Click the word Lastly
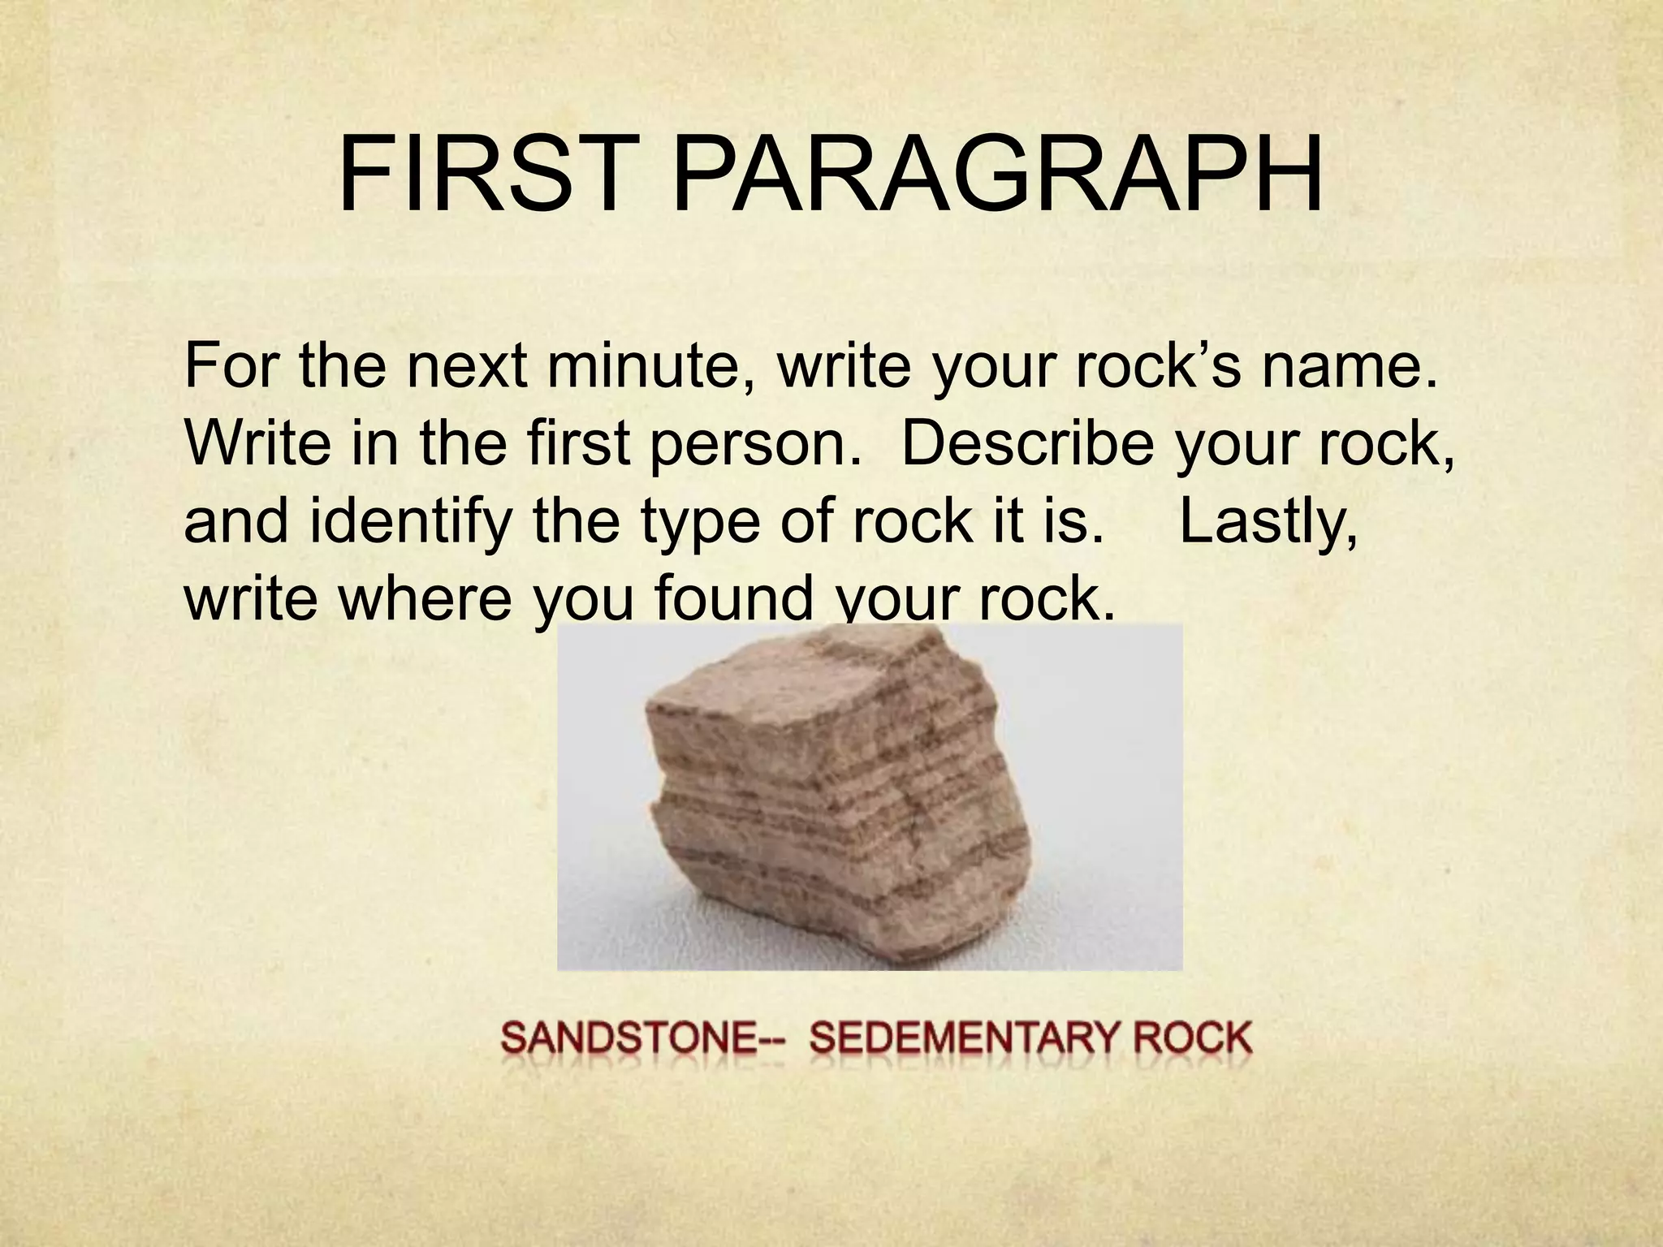click(x=1268, y=524)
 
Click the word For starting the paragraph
click(x=235, y=366)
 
